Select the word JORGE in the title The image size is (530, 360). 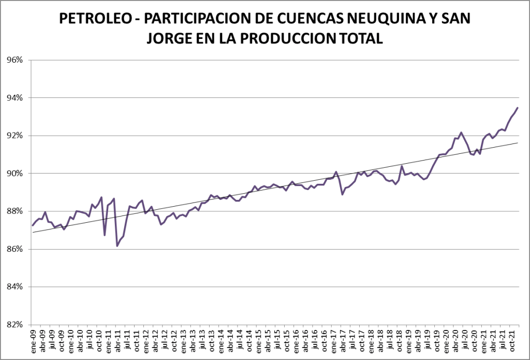168,38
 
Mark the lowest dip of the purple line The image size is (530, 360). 117,246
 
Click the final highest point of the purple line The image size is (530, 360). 518,108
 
